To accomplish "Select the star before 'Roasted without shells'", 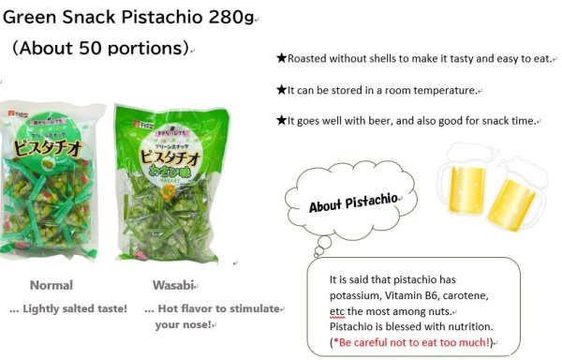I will point(281,58).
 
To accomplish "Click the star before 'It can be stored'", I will point(281,90).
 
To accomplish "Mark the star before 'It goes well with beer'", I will point(281,120).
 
